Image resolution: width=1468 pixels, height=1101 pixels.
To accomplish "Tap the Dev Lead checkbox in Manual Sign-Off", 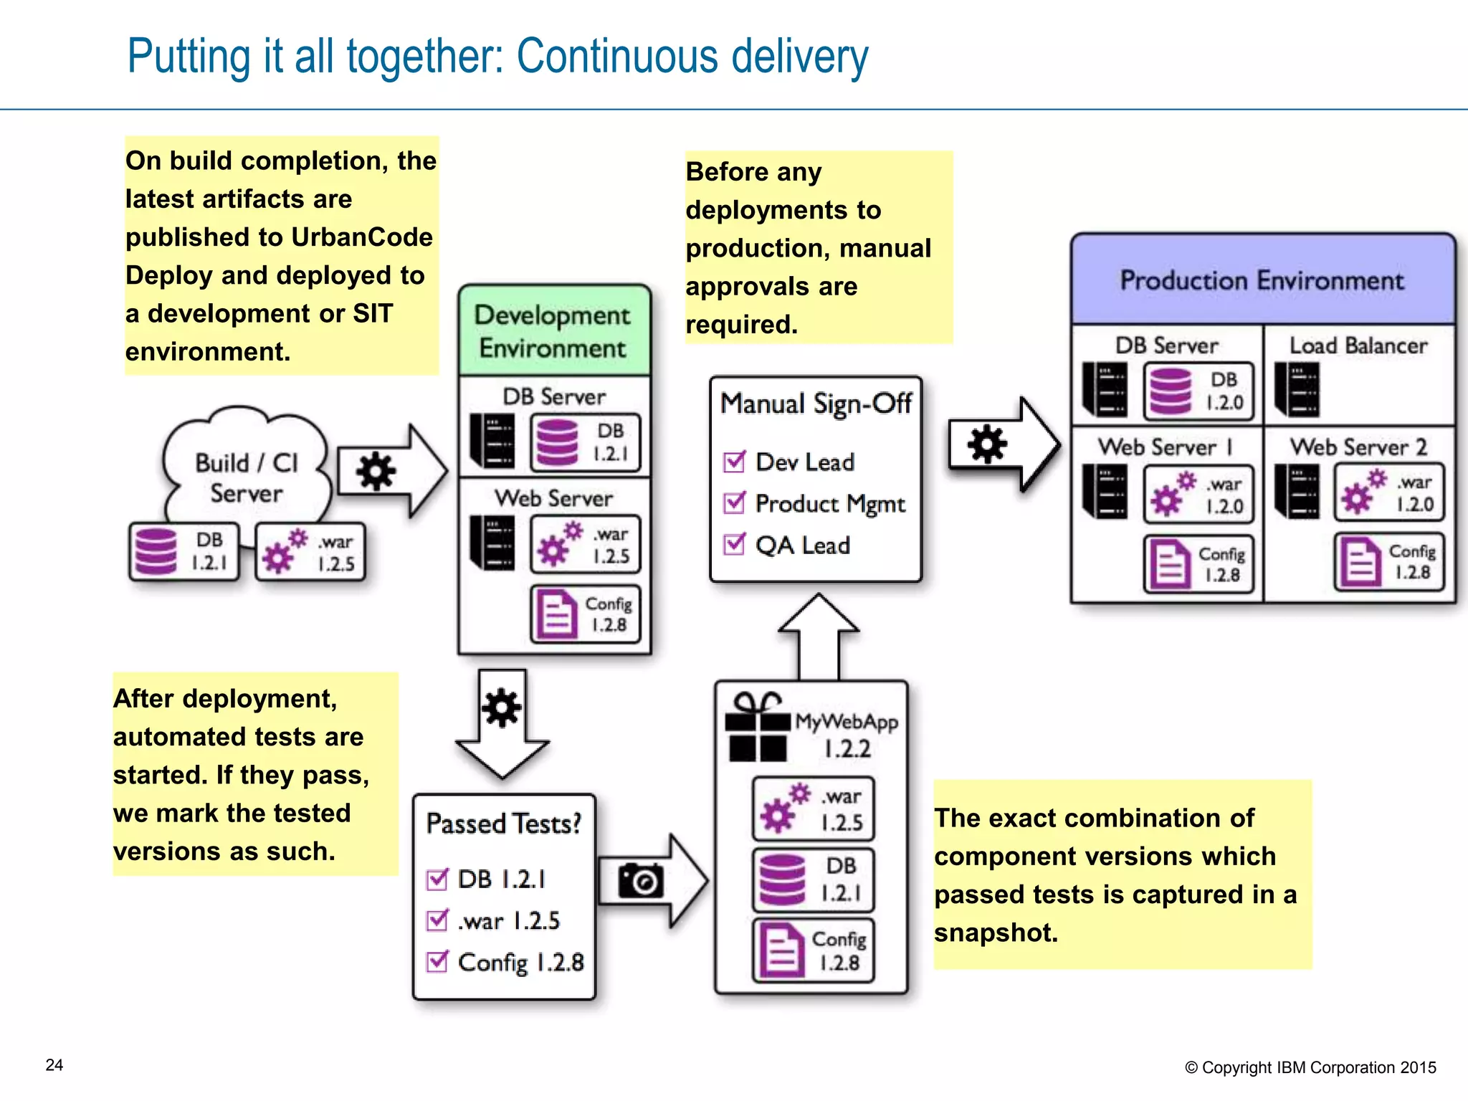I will click(735, 462).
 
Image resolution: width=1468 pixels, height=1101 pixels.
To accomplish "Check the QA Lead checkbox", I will click(735, 545).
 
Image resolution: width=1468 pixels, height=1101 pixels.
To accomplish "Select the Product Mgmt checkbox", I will click(735, 503).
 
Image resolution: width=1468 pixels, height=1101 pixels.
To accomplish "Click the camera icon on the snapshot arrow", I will click(641, 880).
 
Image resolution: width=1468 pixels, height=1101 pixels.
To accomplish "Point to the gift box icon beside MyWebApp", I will click(757, 728).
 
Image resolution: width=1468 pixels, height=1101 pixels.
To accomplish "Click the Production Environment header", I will click(1262, 280).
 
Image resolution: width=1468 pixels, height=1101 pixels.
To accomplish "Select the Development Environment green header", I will click(553, 331).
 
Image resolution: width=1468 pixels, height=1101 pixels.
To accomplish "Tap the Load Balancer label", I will click(1358, 345).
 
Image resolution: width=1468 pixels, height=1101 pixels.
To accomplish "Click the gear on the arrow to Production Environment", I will click(987, 444).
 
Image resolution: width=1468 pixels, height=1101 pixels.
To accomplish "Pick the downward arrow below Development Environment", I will click(502, 724).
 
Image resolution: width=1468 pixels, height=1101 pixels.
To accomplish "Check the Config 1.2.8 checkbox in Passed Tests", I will click(437, 961).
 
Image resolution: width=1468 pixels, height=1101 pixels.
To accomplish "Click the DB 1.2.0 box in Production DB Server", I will click(1198, 391).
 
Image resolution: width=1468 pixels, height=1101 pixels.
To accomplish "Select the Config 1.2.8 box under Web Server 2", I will click(1388, 562).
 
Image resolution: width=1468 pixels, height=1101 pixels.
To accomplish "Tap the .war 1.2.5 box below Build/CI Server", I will click(310, 553).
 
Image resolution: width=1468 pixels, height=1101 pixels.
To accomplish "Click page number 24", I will click(54, 1065).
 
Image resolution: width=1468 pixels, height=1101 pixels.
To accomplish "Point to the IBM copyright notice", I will click(1310, 1067).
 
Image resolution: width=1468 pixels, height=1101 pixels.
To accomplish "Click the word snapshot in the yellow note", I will click(996, 933).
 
